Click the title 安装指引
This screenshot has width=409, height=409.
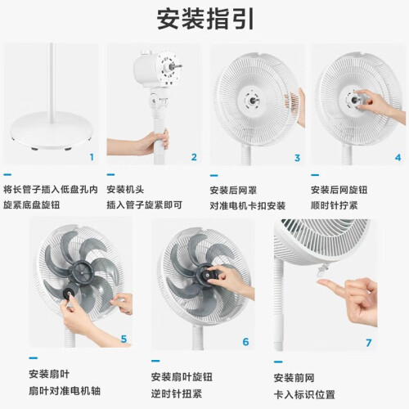pos(205,19)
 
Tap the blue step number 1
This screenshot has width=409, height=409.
pos(92,157)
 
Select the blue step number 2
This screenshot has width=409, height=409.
pos(194,157)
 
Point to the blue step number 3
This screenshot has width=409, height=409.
pos(297,158)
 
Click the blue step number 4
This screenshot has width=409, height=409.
pos(398,158)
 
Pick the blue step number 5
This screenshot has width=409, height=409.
pos(124,339)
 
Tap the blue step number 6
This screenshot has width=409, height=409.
pos(245,342)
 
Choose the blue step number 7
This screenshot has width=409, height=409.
pos(369,343)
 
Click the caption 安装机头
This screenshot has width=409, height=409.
pos(125,189)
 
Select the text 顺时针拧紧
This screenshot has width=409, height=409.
pos(335,205)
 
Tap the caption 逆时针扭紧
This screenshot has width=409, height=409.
pos(177,393)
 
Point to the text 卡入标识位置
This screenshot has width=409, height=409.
pos(304,394)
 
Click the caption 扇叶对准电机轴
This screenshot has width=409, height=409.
pos(65,391)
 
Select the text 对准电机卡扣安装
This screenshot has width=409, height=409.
pos(248,205)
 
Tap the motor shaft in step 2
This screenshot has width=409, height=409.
pos(175,65)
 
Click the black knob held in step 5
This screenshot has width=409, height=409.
pos(69,293)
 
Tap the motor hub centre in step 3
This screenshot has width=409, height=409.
pos(253,101)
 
